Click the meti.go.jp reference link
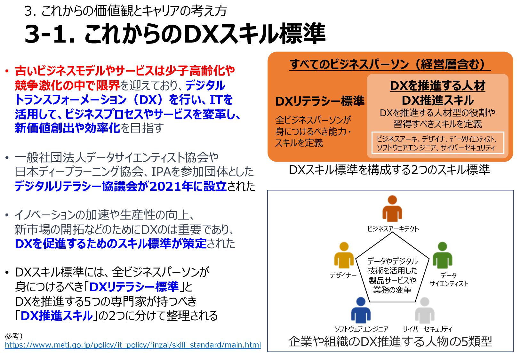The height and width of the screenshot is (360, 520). click(x=133, y=345)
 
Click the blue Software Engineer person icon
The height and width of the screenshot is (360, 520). click(x=361, y=310)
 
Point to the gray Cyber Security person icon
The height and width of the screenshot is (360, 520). click(x=424, y=310)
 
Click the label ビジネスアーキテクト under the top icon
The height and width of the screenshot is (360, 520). click(x=393, y=229)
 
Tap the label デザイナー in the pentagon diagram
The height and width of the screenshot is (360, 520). click(x=343, y=275)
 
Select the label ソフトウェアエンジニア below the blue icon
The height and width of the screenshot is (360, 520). click(x=361, y=329)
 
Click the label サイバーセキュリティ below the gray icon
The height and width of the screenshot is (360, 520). click(x=427, y=329)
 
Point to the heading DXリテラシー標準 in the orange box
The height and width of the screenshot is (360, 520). click(x=320, y=101)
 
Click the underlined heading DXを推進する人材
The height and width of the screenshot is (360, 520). click(x=437, y=86)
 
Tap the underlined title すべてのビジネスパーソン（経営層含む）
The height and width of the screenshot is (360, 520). click(x=390, y=64)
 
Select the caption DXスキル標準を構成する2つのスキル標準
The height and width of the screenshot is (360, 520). click(x=389, y=170)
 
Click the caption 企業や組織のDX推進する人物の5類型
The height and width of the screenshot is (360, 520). click(x=390, y=341)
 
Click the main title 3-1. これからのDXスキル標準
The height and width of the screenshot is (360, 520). click(x=175, y=34)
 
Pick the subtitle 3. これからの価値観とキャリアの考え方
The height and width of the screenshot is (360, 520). click(x=125, y=11)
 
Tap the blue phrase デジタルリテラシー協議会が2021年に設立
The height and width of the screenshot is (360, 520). click(x=121, y=186)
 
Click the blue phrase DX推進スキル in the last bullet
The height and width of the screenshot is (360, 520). click(x=57, y=316)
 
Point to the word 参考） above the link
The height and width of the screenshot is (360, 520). click(x=14, y=336)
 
